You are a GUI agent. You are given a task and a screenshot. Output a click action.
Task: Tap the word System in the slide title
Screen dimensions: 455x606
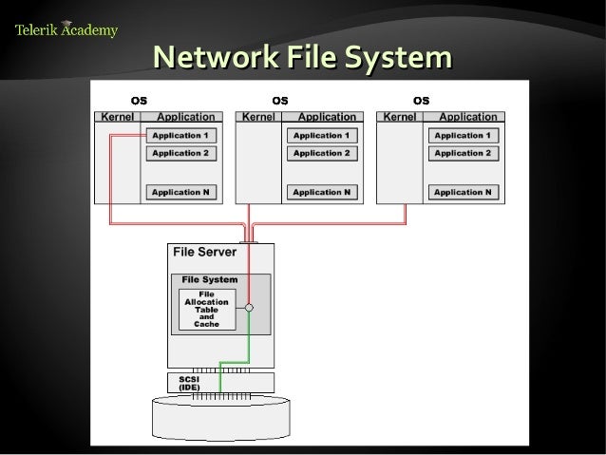click(392, 59)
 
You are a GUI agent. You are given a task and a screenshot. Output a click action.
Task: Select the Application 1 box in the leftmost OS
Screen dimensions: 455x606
click(180, 136)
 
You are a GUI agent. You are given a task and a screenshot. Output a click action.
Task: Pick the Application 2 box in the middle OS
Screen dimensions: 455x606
click(321, 153)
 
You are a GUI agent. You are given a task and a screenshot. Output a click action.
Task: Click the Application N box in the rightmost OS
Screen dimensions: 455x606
click(463, 192)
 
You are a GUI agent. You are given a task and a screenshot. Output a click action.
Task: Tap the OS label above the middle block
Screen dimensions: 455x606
click(280, 100)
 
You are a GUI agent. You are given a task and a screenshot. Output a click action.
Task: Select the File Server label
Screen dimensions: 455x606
click(204, 252)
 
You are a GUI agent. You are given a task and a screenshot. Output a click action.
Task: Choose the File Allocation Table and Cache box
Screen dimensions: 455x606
click(206, 309)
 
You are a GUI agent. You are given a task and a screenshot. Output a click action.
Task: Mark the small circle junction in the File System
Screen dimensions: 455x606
click(248, 309)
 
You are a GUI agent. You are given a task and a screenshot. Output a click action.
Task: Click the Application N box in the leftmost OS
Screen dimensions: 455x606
click(180, 192)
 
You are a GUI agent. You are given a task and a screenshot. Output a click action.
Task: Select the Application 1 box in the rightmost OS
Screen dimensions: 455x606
click(463, 136)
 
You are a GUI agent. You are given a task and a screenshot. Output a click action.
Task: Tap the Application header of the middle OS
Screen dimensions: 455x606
click(327, 117)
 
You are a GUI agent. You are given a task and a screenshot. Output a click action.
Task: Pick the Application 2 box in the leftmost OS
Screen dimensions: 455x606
click(180, 153)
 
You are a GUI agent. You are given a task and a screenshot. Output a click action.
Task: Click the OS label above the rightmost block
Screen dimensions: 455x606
click(421, 100)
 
